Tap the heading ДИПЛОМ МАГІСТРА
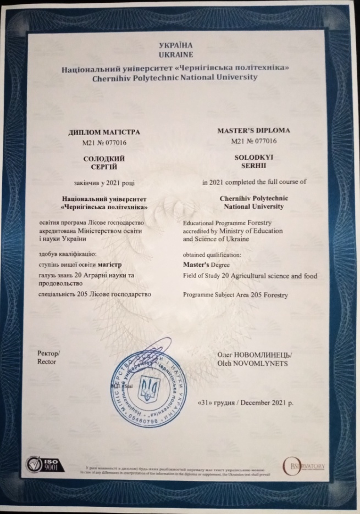[105, 132]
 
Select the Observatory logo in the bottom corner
[304, 466]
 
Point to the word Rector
[47, 362]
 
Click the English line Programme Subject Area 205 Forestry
[237, 295]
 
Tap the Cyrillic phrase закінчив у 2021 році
[104, 182]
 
